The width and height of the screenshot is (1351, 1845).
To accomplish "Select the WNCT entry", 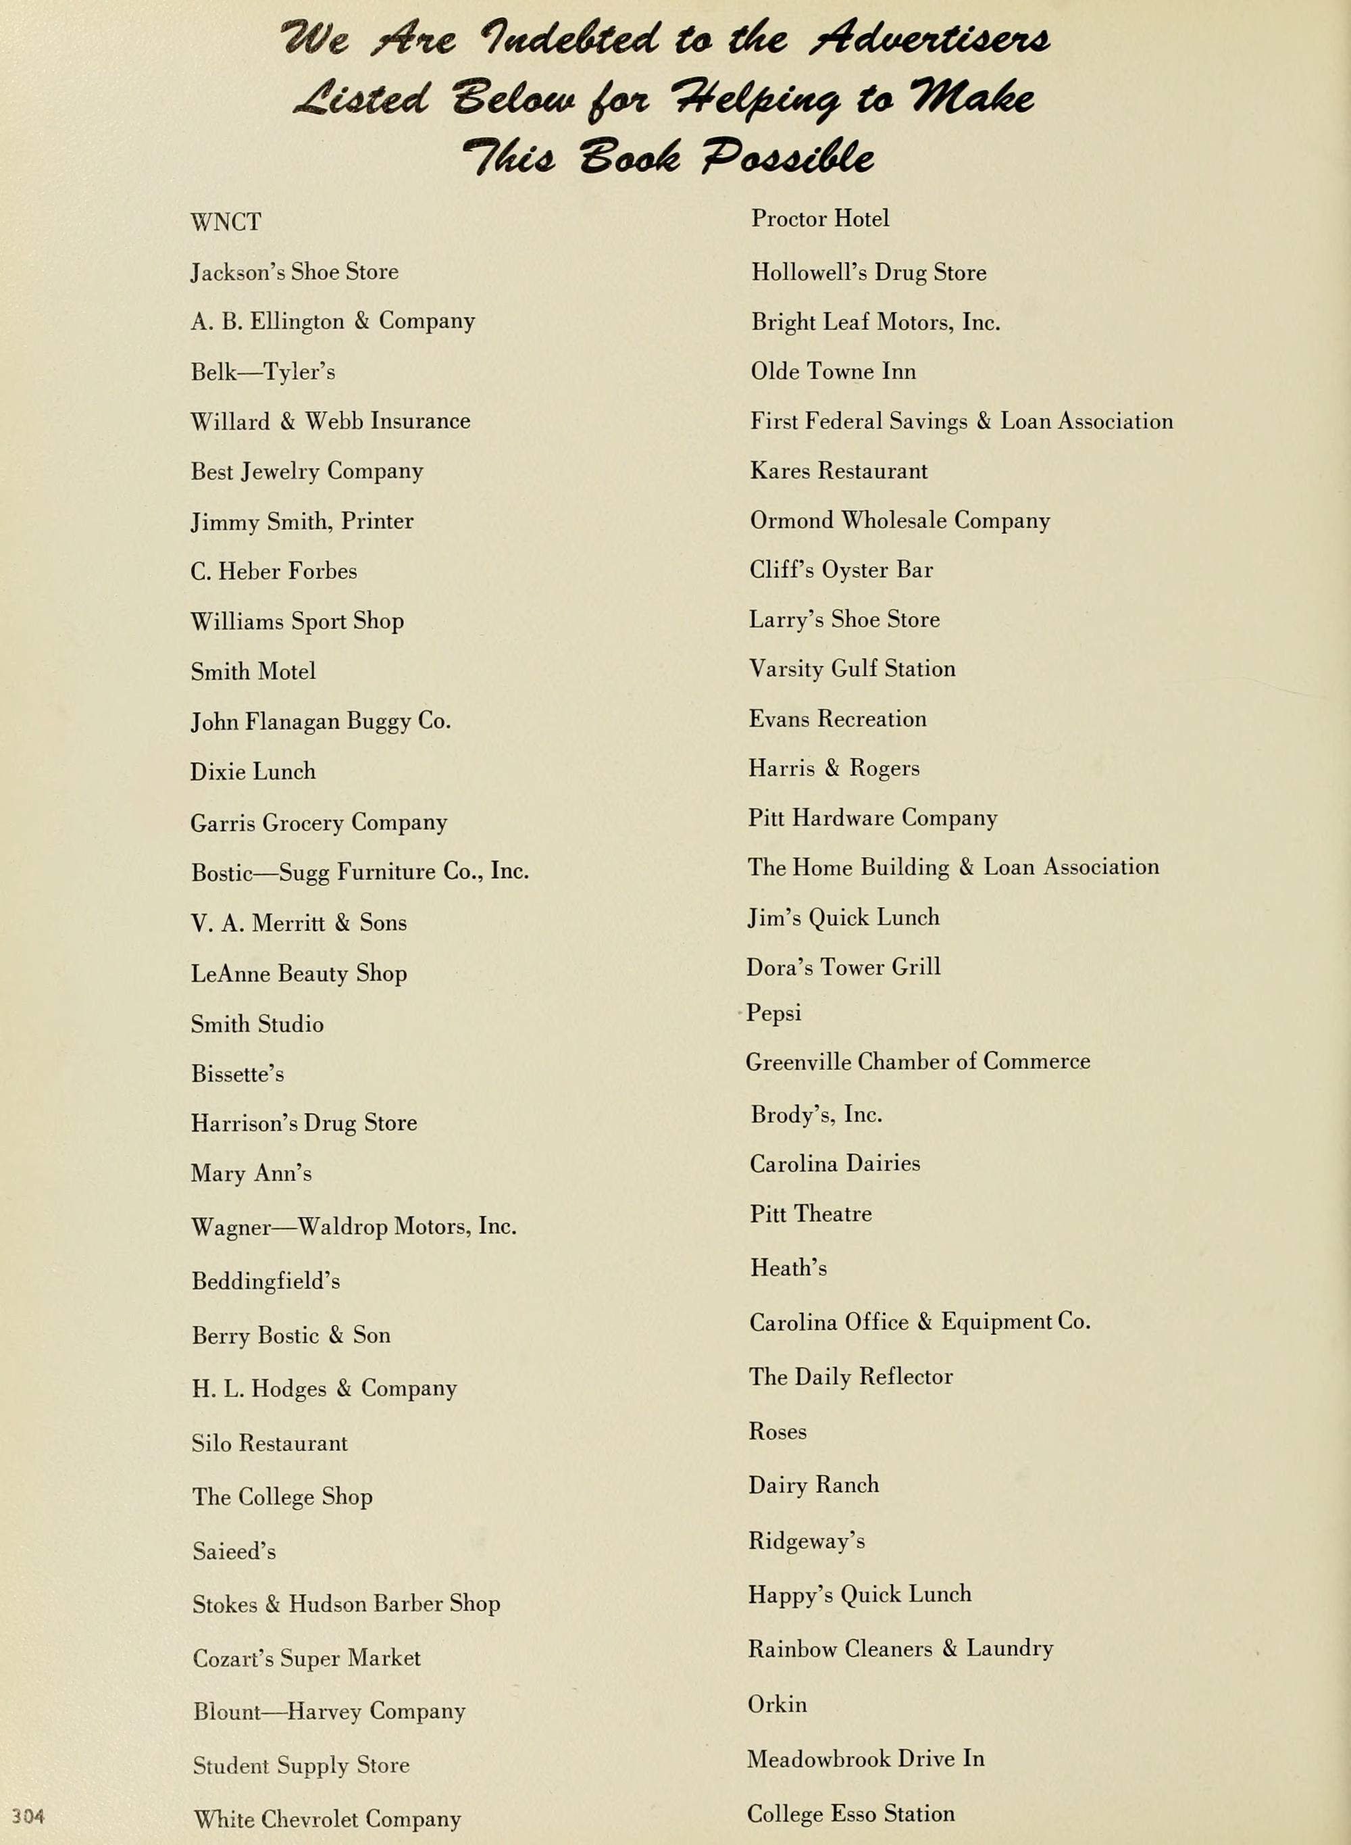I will click(x=226, y=222).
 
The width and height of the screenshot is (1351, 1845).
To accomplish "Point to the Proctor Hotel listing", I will click(x=819, y=218).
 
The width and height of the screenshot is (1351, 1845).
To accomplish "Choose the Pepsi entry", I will click(x=773, y=1013).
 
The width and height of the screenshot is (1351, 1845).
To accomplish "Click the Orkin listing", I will click(x=777, y=1704).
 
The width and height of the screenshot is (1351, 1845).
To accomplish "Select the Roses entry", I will click(x=777, y=1431).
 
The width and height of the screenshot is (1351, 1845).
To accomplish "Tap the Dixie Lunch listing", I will click(x=253, y=772).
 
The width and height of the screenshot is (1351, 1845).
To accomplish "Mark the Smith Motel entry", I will click(x=253, y=672).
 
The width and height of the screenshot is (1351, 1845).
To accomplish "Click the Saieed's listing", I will click(x=234, y=1551).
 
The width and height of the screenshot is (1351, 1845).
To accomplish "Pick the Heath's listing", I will click(x=788, y=1267).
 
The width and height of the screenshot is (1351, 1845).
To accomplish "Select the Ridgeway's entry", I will click(x=807, y=1542).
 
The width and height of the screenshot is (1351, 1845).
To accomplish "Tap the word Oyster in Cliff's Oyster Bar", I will click(x=855, y=570).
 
